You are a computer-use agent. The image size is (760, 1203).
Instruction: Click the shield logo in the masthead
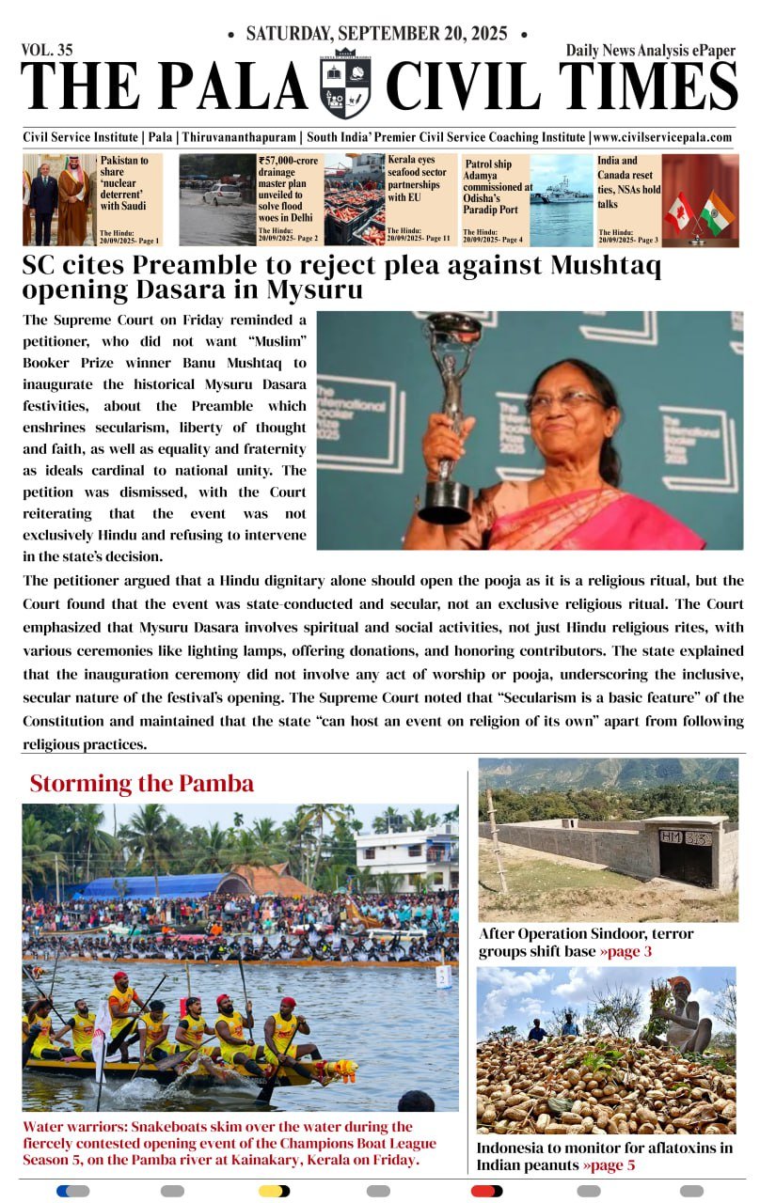(x=345, y=84)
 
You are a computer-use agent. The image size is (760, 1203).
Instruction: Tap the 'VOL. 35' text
(x=47, y=51)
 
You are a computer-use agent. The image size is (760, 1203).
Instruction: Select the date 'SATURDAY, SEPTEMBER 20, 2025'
(x=376, y=35)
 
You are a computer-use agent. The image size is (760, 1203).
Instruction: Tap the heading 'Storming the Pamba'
(x=141, y=783)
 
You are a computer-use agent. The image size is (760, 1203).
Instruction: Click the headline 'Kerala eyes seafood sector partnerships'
(x=420, y=179)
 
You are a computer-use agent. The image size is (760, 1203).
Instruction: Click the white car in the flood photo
(x=222, y=194)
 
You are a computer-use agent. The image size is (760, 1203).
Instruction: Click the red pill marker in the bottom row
(x=486, y=1191)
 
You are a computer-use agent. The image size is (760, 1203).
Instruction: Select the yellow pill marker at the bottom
(x=274, y=1191)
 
